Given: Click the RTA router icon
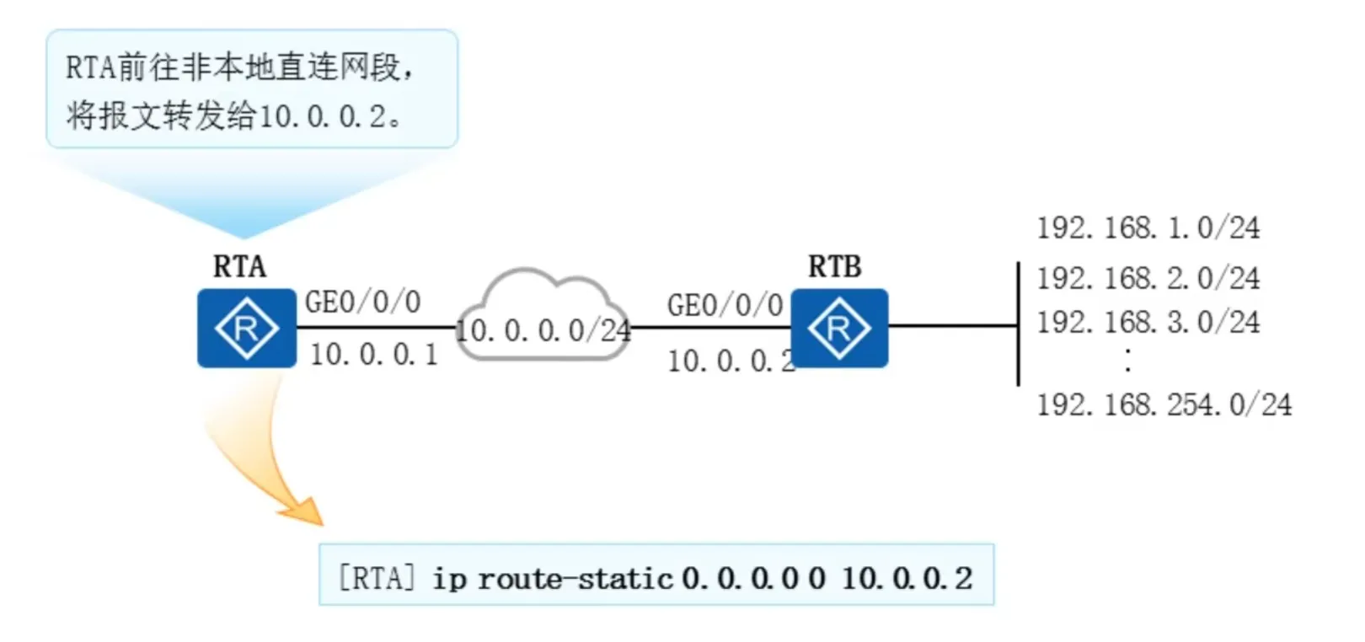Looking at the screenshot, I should click(x=246, y=328).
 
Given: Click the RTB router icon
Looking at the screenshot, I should click(x=838, y=328).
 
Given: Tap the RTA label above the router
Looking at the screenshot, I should click(x=239, y=266).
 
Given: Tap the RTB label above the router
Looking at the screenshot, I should click(x=834, y=266).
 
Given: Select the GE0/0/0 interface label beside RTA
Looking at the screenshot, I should click(x=362, y=302).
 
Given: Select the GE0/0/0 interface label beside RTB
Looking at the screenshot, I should click(x=725, y=305).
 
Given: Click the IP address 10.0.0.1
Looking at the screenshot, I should click(x=374, y=355).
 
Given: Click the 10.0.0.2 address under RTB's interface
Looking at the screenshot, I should click(x=730, y=361).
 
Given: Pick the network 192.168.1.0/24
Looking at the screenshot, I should click(x=1148, y=227).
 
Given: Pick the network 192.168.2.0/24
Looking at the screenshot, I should click(x=1148, y=278).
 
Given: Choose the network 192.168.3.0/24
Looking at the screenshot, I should click(x=1148, y=322).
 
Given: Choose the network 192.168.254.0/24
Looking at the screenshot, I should click(x=1164, y=404).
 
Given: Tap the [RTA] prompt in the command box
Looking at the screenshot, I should click(x=376, y=578).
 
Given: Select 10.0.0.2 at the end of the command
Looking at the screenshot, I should click(x=907, y=578).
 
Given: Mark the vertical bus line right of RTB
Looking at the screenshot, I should click(x=1018, y=324).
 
